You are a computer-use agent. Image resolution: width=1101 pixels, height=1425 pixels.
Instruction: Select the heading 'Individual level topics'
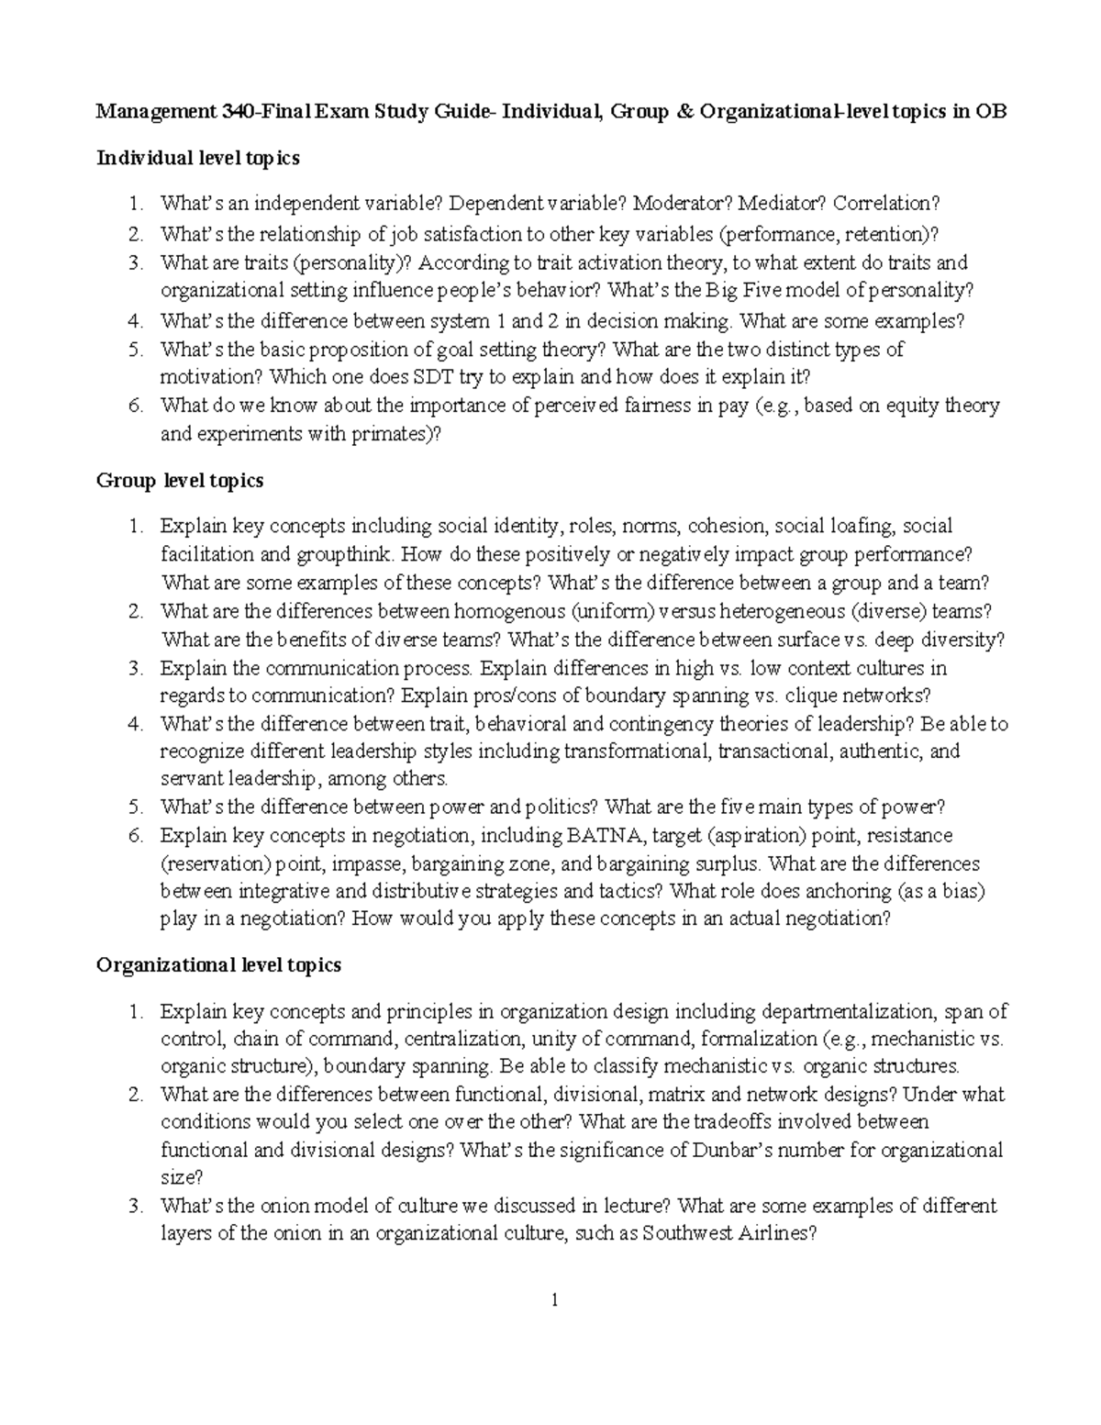coord(197,159)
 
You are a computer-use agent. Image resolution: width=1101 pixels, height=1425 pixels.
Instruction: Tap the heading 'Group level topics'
coord(180,481)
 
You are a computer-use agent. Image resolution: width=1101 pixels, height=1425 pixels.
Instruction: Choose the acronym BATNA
coord(600,836)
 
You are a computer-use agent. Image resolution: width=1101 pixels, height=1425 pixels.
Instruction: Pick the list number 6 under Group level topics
coord(136,836)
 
